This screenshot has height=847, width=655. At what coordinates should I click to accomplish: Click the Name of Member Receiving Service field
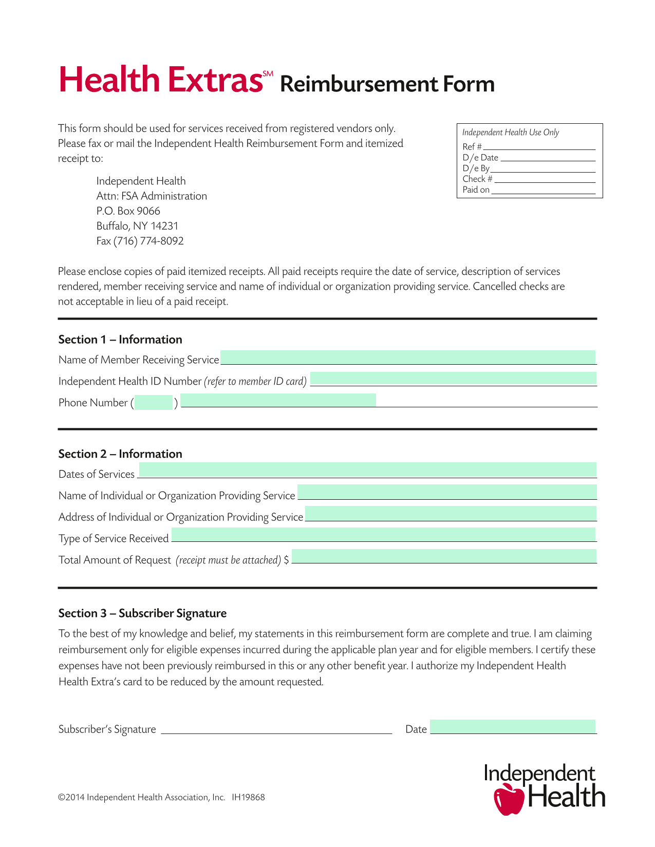coord(408,357)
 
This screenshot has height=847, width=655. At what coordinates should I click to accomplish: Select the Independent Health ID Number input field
coord(453,379)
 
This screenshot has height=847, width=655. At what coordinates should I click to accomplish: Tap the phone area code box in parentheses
coord(154,402)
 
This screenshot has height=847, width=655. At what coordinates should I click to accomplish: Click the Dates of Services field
coord(367,470)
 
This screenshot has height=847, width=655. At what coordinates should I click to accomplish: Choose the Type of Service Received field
coord(383,535)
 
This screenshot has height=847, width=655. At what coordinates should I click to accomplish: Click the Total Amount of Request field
coord(444,556)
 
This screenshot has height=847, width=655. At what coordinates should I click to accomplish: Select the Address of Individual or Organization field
coord(451,513)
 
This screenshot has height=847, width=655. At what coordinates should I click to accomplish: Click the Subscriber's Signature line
coord(276,729)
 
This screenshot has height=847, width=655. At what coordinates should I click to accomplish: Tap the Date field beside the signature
coord(513,727)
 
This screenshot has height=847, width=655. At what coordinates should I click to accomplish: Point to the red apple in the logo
coord(508,799)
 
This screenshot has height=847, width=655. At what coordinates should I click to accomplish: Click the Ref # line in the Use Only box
coord(538,146)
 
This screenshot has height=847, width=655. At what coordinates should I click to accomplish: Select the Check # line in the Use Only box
coord(545,179)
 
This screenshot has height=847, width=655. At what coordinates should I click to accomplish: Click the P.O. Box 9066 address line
coord(128,211)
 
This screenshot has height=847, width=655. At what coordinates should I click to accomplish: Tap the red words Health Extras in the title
coord(161,81)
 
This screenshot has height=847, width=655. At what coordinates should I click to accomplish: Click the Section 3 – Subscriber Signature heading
coord(142,613)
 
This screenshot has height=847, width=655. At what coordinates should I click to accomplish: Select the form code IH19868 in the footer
coord(248,797)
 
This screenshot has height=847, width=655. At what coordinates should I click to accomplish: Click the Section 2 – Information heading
coord(120,454)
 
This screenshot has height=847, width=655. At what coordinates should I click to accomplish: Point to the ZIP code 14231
coord(164,226)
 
